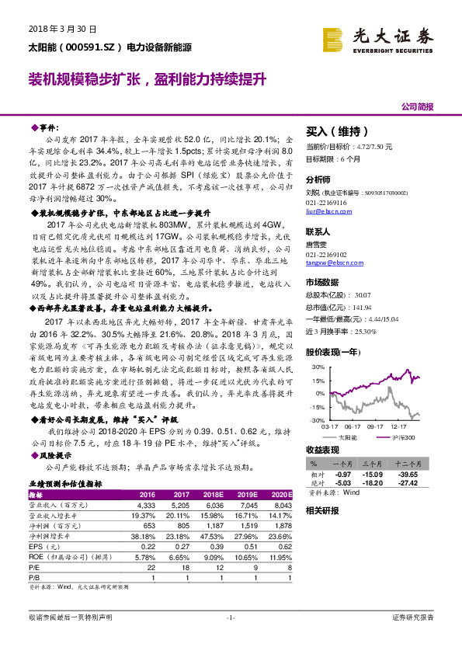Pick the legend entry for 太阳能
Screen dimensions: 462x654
pyautogui.click(x=349, y=438)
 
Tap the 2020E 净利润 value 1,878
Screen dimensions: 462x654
pyautogui.click(x=281, y=525)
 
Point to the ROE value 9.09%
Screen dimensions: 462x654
pyautogui.click(x=213, y=555)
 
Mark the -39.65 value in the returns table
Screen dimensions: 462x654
pyautogui.click(x=407, y=474)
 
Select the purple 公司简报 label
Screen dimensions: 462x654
pyautogui.click(x=417, y=106)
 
